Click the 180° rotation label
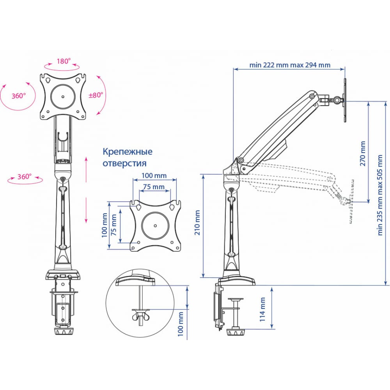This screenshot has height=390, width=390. click(64, 61)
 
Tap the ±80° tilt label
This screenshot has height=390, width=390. click(96, 95)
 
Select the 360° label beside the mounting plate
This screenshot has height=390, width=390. click(19, 96)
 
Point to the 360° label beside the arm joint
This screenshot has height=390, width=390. click(24, 176)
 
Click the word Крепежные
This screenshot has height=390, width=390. click(128, 152)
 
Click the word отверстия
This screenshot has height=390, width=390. click(125, 163)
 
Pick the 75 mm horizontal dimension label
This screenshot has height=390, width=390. click(154, 186)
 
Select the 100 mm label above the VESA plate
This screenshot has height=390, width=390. click(154, 175)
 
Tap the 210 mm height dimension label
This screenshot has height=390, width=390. click(197, 223)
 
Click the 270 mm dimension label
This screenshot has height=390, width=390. click(363, 153)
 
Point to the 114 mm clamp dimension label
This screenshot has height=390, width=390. click(262, 309)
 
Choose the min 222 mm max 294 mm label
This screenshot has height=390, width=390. click(290, 65)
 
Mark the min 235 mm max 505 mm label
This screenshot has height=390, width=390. click(380, 195)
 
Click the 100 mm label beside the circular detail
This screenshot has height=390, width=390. click(181, 324)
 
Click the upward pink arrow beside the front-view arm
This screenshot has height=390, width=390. click(86, 169)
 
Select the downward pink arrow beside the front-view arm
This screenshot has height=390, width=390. click(86, 210)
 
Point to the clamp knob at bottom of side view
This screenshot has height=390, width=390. click(235, 333)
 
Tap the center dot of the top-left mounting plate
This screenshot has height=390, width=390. click(63, 96)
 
